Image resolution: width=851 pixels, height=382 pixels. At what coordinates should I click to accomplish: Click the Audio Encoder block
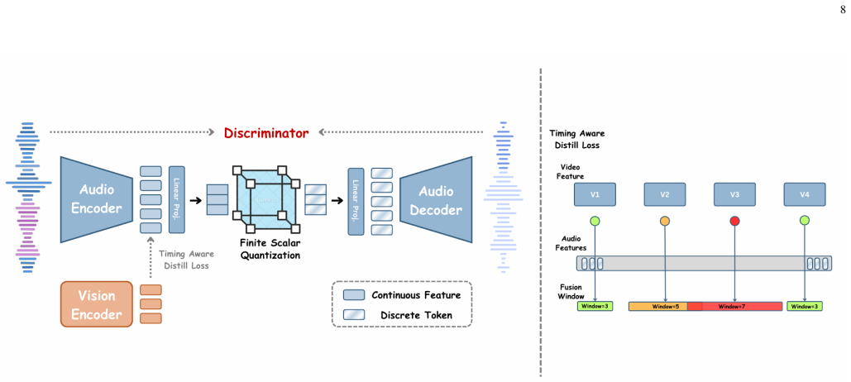[97, 200]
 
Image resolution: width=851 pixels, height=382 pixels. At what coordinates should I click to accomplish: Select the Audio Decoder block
[437, 200]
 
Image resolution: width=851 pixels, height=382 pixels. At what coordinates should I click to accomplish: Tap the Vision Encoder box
[97, 304]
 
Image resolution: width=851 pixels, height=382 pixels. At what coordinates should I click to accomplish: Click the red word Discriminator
[266, 132]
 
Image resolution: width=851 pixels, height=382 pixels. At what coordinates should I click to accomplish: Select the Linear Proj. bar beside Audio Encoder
[177, 199]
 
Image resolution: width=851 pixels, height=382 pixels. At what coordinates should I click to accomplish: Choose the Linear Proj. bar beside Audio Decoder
[356, 201]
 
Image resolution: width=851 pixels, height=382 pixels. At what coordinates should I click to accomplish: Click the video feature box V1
[595, 194]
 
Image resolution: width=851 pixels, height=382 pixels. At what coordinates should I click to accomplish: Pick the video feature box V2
[665, 194]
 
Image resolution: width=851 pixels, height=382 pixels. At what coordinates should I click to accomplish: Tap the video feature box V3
[735, 194]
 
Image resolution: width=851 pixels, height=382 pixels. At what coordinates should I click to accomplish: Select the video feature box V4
[805, 194]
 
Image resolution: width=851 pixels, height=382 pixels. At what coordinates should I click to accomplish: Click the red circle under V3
[735, 221]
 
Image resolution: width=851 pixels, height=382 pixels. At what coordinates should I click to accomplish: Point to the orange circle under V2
[665, 221]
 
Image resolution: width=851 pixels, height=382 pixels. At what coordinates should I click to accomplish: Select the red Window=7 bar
[736, 307]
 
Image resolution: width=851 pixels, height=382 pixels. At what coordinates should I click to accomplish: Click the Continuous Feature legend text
[416, 295]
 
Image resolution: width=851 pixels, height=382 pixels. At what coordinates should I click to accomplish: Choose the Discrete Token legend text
[416, 315]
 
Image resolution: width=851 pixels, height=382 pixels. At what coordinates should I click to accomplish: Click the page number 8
[842, 11]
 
